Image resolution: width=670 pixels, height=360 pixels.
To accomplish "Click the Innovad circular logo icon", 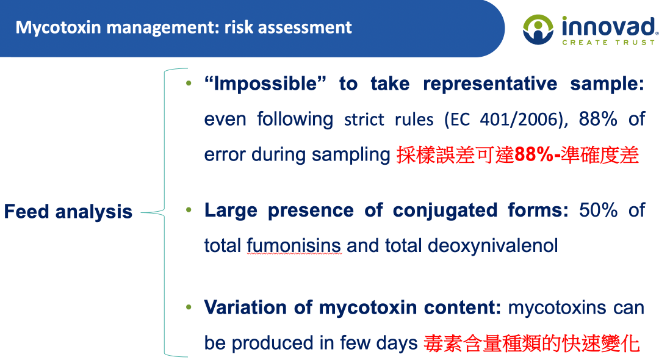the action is tap(538, 29).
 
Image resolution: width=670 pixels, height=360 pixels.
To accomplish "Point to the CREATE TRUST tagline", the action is tap(608, 42).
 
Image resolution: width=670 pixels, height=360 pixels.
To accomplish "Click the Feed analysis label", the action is tap(68, 211).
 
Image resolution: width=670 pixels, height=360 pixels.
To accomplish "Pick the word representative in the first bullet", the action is tap(490, 84).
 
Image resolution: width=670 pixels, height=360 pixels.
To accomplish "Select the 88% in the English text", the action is tap(598, 119).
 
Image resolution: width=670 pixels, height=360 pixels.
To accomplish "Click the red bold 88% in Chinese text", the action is tap(534, 154).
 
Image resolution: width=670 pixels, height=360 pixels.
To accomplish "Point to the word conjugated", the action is tap(445, 211).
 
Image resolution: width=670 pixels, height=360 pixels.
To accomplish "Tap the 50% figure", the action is tap(598, 210).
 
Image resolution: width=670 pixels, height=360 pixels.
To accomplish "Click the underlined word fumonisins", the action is tap(294, 245).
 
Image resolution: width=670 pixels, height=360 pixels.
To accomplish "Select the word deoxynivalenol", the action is tap(492, 246).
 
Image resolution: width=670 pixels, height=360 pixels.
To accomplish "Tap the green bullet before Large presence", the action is tap(189, 210).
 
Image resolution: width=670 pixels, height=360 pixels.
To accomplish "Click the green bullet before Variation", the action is tap(189, 307).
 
